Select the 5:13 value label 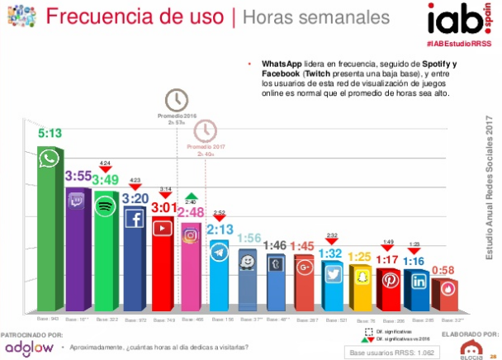pos(50,132)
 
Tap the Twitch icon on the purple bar pos(79,199)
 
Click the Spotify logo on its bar pos(107,207)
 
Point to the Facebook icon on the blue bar pos(135,218)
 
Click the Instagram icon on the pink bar pos(192,234)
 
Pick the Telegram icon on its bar pos(220,251)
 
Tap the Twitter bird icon pos(332,274)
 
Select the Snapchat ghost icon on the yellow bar pos(360,278)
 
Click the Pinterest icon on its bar pos(388,281)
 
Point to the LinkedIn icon pos(416,282)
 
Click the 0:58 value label pos(444,270)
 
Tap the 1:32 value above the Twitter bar pos(332,253)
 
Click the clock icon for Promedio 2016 pos(176,101)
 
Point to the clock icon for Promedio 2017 pos(205,130)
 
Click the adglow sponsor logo pos(30,348)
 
